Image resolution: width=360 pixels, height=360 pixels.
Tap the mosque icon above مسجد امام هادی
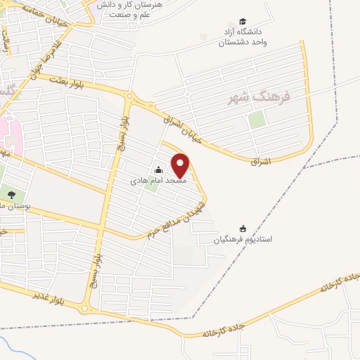(158, 169)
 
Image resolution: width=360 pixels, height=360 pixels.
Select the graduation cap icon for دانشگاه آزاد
(243, 22)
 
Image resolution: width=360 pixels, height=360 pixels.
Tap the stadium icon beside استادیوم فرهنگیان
(243, 228)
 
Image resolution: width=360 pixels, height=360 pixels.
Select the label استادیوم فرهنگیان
(243, 239)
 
